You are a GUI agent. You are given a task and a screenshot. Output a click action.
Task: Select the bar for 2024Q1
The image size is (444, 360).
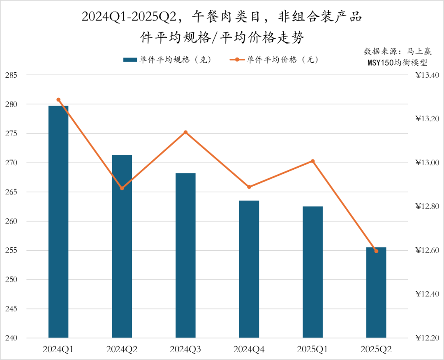tap(58, 222)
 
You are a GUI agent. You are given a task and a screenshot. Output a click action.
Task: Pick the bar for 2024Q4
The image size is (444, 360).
tap(249, 269)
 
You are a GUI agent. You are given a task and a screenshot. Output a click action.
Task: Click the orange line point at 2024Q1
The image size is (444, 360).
tap(58, 100)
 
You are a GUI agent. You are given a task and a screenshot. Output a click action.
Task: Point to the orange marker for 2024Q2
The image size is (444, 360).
tap(122, 188)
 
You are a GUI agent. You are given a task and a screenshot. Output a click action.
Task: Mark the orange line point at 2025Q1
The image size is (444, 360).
tap(313, 161)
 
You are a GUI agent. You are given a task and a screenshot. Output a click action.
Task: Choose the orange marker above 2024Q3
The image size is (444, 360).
tap(185, 132)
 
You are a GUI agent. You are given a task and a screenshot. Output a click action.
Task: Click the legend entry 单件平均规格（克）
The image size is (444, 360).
tap(167, 60)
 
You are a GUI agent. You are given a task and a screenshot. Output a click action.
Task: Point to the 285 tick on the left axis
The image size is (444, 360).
tap(12, 75)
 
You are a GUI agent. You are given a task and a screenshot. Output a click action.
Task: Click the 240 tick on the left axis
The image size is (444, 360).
tap(12, 338)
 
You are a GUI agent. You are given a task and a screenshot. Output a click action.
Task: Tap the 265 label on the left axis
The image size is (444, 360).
tap(12, 192)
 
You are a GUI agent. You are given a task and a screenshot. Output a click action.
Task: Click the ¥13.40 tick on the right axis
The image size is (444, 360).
tap(428, 75)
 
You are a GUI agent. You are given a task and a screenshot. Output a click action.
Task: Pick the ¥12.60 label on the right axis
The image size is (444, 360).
tap(428, 251)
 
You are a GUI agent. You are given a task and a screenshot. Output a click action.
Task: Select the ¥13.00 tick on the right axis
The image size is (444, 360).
tap(428, 163)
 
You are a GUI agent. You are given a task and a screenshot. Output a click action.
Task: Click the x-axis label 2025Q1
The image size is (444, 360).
tap(313, 350)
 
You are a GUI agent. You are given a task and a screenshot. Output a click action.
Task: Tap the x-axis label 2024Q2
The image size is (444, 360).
tap(122, 350)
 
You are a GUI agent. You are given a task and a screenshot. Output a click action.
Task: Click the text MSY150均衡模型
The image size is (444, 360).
tap(398, 63)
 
